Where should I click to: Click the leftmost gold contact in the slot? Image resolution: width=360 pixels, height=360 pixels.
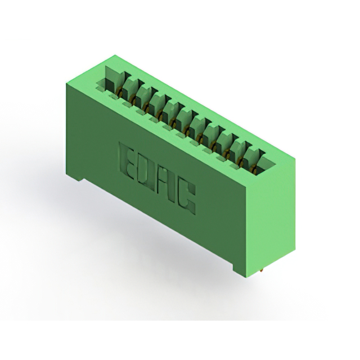click(x=119, y=92)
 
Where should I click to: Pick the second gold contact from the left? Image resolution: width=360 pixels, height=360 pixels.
click(x=132, y=99)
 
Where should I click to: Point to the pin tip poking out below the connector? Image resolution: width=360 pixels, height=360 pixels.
click(x=262, y=271)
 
